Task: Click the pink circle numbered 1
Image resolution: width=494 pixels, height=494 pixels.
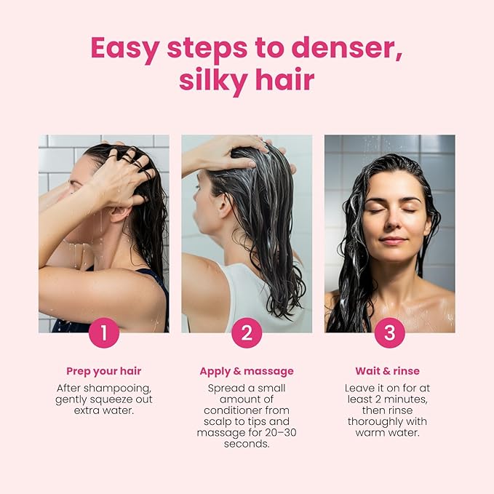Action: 104,333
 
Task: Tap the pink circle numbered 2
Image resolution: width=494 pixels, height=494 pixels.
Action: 247,333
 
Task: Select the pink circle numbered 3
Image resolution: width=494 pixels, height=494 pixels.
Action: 389,333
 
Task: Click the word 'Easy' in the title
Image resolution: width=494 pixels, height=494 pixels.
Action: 124,48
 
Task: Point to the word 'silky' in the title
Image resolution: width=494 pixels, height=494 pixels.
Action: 215,80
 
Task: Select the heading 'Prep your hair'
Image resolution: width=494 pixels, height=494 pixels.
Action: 104,371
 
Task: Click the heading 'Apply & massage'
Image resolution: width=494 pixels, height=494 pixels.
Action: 247,371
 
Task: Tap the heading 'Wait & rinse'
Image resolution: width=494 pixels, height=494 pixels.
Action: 387,371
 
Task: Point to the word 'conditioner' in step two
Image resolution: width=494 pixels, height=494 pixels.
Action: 246,411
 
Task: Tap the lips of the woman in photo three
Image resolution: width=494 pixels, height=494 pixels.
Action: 394,240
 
